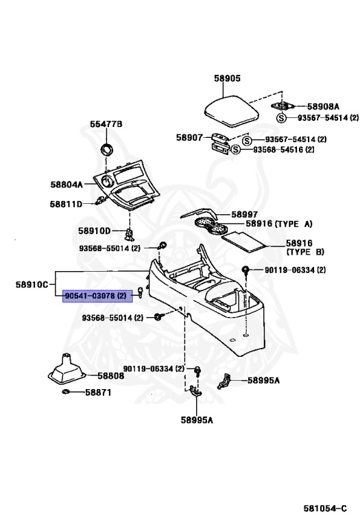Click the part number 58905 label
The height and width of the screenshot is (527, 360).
click(x=228, y=78)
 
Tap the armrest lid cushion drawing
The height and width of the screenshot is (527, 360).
click(x=232, y=112)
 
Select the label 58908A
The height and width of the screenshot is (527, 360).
click(x=323, y=106)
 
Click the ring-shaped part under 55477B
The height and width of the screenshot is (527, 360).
click(x=107, y=149)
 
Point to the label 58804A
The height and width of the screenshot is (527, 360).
click(x=67, y=185)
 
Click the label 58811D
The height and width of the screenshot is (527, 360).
click(x=66, y=204)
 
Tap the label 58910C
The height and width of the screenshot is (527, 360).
click(x=32, y=285)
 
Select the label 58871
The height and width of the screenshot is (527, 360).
click(x=98, y=393)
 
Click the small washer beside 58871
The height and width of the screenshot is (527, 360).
click(x=66, y=392)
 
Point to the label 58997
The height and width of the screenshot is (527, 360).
click(x=245, y=214)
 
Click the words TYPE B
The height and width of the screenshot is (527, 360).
click(x=305, y=252)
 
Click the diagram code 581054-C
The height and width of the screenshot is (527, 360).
click(x=325, y=508)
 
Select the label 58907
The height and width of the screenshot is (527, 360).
click(x=190, y=137)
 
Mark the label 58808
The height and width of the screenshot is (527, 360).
click(x=111, y=375)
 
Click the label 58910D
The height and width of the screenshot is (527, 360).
click(x=95, y=231)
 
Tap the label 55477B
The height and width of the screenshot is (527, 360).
click(x=106, y=124)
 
